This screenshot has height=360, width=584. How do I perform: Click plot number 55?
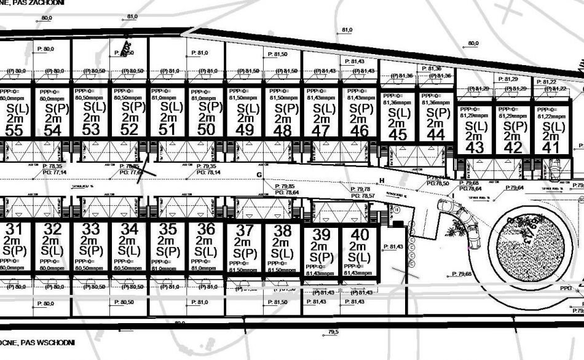point(14,130)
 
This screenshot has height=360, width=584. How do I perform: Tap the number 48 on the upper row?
point(283,131)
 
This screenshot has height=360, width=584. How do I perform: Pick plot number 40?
point(359,235)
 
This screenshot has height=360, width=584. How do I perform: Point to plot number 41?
point(551,147)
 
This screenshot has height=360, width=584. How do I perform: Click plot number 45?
point(398,135)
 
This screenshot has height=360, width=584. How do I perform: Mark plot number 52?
point(129,130)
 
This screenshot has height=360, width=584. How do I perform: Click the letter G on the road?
point(259,175)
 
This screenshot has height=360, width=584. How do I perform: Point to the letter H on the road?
point(382,180)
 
